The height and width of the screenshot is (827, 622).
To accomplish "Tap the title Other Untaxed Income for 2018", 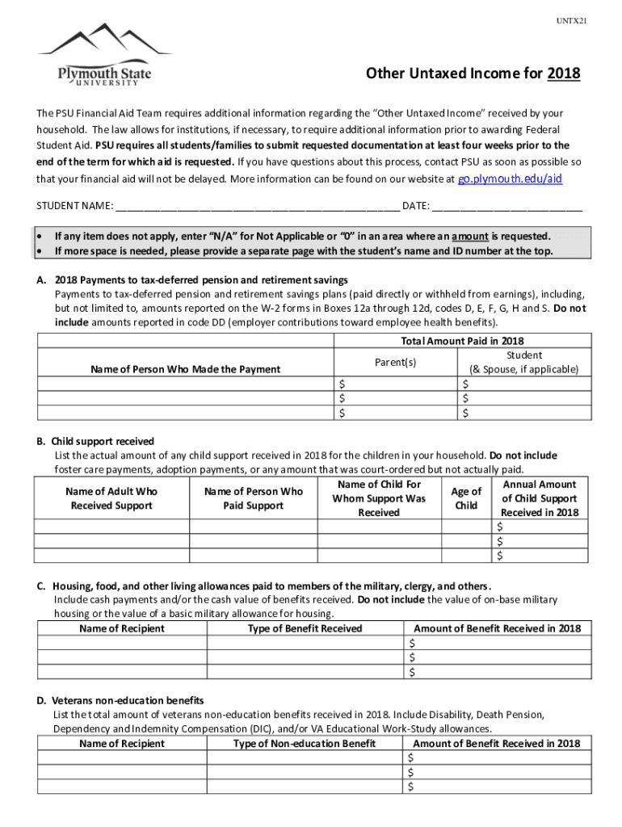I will [473, 74].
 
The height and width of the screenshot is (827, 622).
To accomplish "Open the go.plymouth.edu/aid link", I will [510, 178].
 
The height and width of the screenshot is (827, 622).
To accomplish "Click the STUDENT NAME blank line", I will [257, 206].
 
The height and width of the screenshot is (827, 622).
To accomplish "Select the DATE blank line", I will [506, 206].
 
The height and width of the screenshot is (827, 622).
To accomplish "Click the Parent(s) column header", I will [396, 363].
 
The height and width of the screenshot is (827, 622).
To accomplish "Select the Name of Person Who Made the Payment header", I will [185, 369].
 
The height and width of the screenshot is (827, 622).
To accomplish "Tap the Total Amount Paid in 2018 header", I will [461, 342].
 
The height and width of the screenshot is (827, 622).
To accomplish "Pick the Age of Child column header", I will [466, 498].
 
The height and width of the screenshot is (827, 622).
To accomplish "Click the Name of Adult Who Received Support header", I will [111, 498].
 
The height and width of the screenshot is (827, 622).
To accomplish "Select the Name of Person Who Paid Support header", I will [254, 498].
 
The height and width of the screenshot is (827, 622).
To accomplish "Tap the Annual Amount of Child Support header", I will [539, 498].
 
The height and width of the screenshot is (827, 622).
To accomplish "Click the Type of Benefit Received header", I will [305, 628].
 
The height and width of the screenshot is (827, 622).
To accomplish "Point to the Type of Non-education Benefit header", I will [304, 743].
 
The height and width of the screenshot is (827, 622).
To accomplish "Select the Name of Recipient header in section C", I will [122, 628].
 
